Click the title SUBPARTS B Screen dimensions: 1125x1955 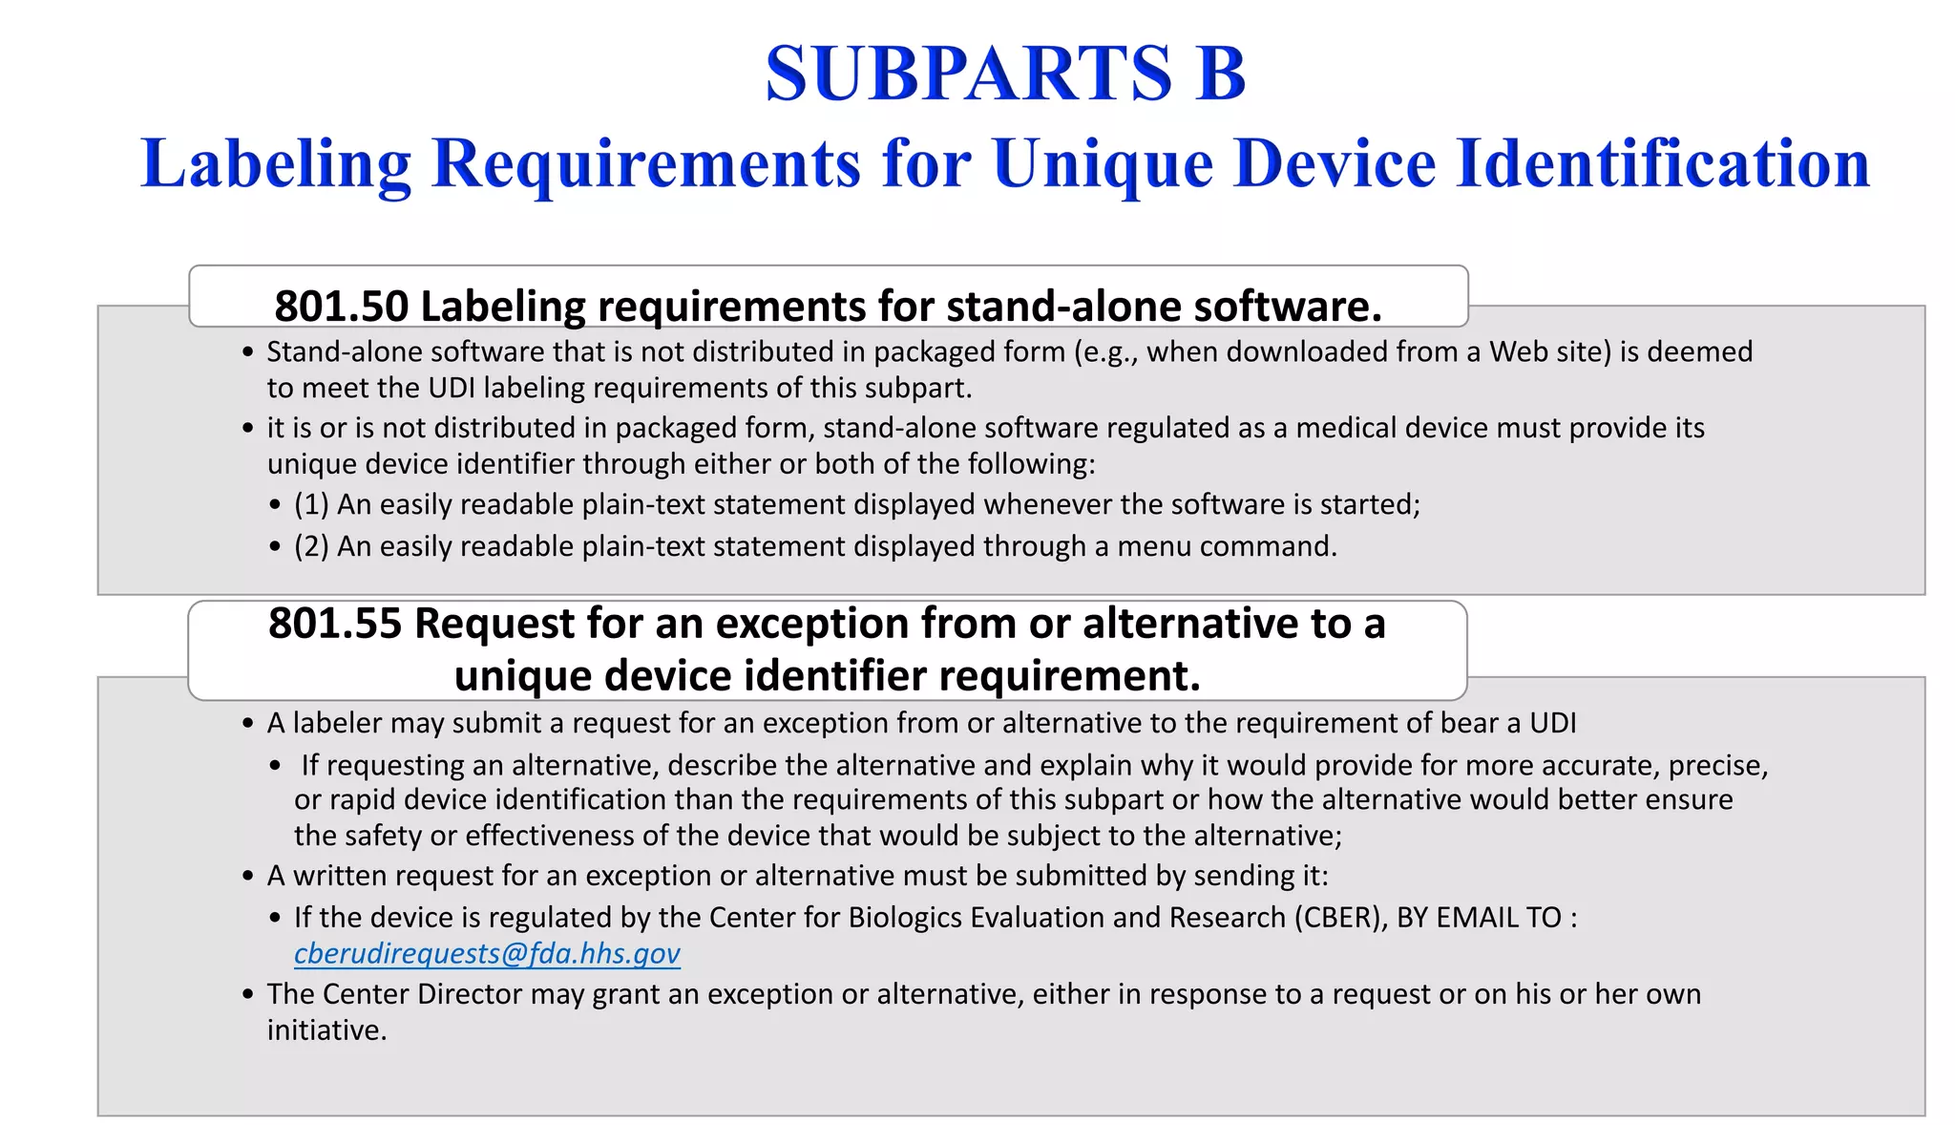pos(1004,74)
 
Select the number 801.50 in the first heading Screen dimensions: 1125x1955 pos(341,307)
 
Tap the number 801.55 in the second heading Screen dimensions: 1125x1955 pos(335,624)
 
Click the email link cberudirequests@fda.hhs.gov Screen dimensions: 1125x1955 pos(487,953)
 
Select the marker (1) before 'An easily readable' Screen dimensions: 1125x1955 pos(311,504)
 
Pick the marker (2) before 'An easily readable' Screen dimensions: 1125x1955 pos(311,546)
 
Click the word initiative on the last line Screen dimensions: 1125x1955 pos(326,1030)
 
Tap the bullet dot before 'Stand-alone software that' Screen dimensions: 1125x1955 pos(248,352)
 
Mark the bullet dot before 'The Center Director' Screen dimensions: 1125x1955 pos(248,995)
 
